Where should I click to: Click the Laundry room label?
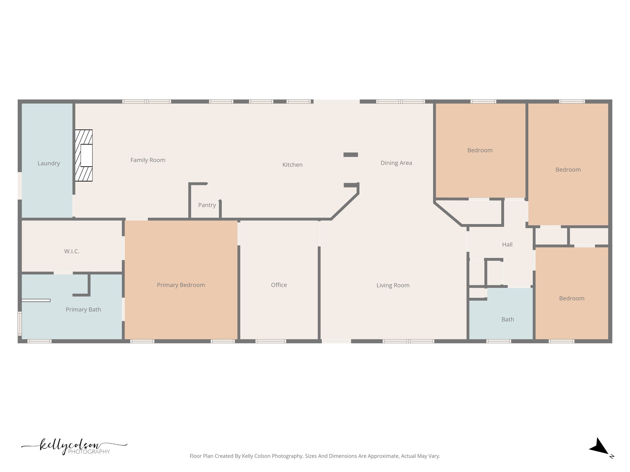point(49,163)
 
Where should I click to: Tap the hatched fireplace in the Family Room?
point(84,155)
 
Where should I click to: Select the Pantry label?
point(207,205)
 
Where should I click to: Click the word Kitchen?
point(292,165)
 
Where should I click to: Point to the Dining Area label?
point(396,163)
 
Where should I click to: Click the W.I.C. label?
point(72,251)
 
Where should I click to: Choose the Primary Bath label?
point(83,310)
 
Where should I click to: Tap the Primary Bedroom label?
point(181,285)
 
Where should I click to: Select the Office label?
point(279,285)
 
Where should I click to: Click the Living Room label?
point(393,285)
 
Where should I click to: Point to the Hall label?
point(507,245)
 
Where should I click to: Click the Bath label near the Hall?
point(508,320)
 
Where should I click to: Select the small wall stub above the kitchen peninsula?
point(351,155)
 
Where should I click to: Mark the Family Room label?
point(148,160)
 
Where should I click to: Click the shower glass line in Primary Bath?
point(36,300)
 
